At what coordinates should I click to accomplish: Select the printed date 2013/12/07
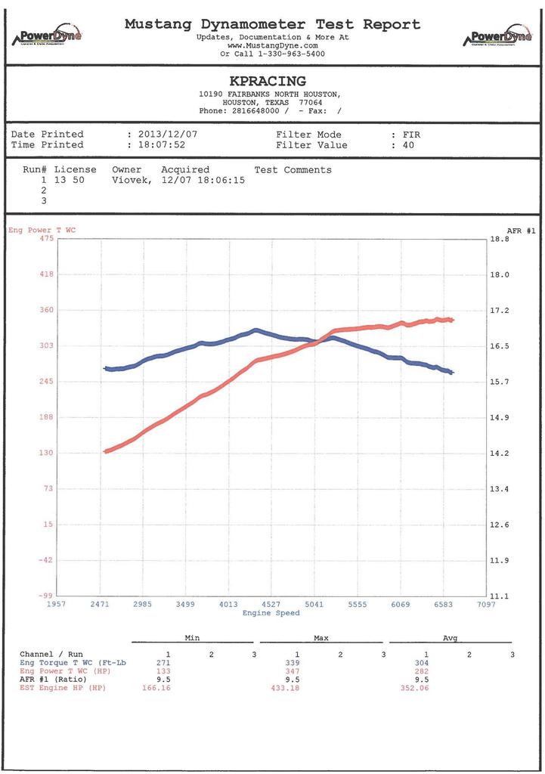tap(167, 134)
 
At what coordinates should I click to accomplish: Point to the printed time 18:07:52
tap(162, 144)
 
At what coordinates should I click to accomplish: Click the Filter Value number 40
tap(408, 144)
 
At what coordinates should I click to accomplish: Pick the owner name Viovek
tap(133, 181)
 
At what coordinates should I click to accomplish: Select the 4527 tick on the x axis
tap(271, 605)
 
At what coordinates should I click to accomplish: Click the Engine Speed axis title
tap(271, 613)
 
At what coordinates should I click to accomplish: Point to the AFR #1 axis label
tap(521, 231)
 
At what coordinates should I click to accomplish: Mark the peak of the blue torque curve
tap(255, 330)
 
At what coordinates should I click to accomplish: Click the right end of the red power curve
tap(452, 320)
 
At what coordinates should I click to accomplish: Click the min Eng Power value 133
tap(163, 670)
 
